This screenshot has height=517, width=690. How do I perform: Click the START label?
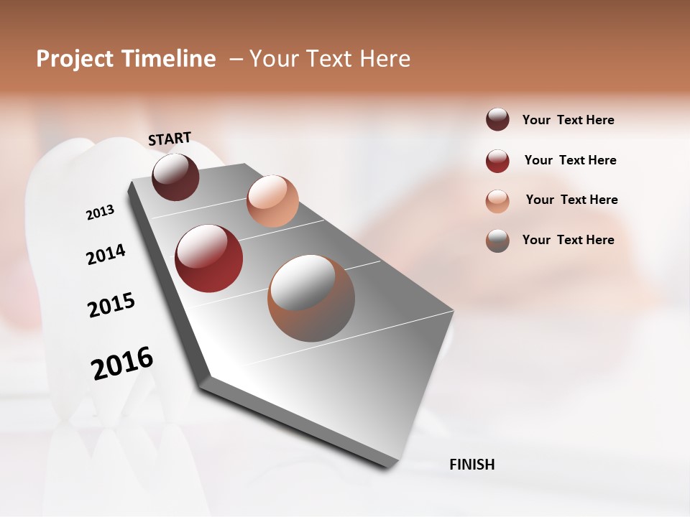170,138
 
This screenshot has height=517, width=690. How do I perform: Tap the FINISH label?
471,465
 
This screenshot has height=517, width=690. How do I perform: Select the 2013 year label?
101,213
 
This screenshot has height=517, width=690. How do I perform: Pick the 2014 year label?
106,254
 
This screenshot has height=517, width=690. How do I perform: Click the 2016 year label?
122,363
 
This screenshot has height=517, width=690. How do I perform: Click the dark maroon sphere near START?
176,177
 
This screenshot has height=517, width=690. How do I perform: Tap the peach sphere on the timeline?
272,201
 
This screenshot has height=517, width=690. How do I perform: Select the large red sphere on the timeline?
209,258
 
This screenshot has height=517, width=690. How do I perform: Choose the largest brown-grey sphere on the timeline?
311,298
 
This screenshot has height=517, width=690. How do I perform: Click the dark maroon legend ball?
497,119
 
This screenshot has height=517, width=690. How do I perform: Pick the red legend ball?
497,161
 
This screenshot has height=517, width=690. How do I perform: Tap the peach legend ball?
497,201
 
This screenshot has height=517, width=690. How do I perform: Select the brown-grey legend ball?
497,241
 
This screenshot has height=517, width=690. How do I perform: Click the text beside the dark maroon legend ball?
568,120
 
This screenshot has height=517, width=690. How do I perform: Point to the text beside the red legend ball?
570,160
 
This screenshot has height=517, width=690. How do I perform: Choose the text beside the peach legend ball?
571,200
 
